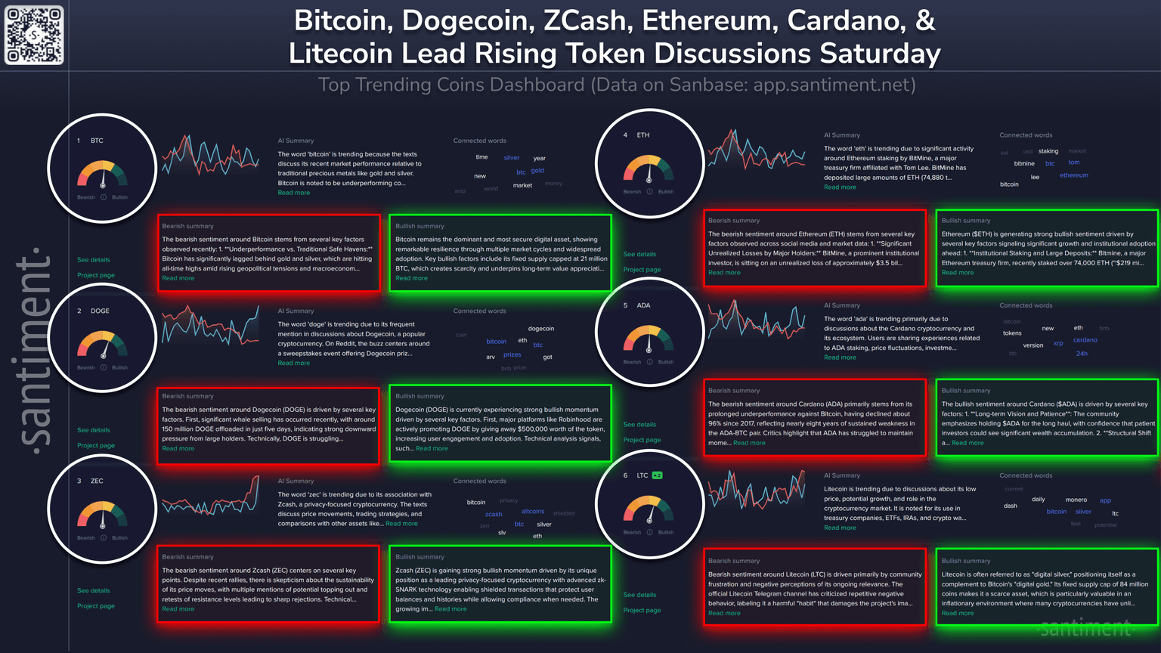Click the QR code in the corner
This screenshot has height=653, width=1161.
click(35, 35)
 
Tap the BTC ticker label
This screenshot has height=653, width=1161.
click(97, 141)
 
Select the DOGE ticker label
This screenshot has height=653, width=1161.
click(100, 311)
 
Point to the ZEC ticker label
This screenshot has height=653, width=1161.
click(97, 481)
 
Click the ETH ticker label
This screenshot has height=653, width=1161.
click(643, 135)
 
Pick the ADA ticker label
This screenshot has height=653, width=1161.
click(643, 305)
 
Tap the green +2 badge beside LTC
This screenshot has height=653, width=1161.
click(658, 475)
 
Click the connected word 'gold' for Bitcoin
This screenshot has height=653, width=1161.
click(537, 170)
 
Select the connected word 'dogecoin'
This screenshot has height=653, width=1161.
click(541, 329)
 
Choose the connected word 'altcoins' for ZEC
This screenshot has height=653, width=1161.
click(533, 512)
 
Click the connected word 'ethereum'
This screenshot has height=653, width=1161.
click(1074, 175)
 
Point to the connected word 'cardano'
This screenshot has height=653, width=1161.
click(1085, 340)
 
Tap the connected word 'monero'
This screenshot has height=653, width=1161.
click(1076, 500)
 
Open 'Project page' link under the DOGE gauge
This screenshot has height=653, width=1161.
click(96, 445)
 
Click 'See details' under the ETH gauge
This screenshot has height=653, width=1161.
click(639, 254)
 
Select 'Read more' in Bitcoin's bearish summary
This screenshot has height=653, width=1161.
click(178, 278)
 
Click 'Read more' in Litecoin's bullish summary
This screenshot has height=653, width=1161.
click(958, 613)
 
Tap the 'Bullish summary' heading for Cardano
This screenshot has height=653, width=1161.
click(965, 391)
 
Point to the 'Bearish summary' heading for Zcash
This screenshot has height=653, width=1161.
click(188, 557)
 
